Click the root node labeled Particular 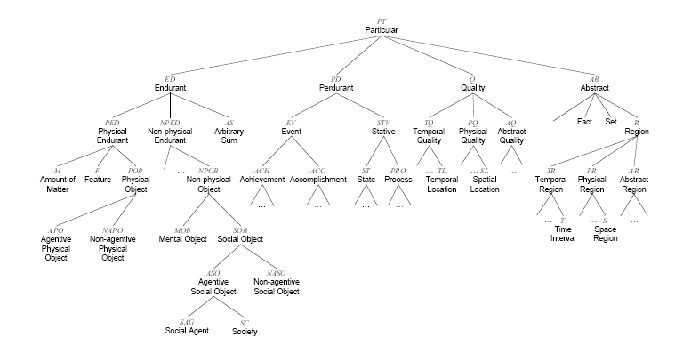pyautogui.click(x=382, y=31)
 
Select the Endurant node pyautogui.click(x=170, y=88)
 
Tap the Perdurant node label pyautogui.click(x=336, y=88)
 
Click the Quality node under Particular pyautogui.click(x=472, y=88)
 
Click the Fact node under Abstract pyautogui.click(x=584, y=121)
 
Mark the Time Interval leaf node pyautogui.click(x=562, y=235)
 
